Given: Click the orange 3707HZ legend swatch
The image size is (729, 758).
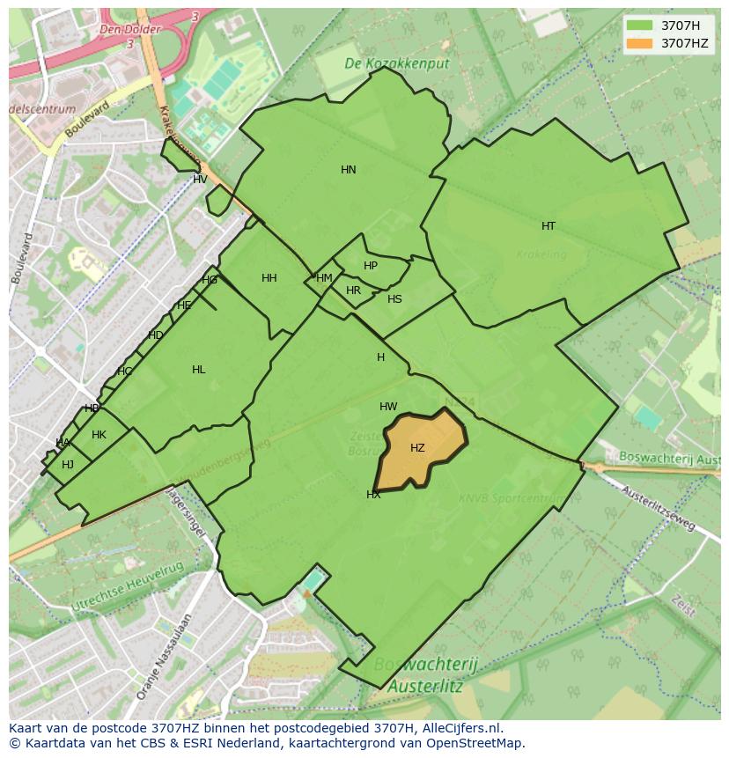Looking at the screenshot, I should click(640, 43).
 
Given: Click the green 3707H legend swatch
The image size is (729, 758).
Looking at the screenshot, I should click(640, 26).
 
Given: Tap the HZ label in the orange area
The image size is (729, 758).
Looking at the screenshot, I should click(417, 448).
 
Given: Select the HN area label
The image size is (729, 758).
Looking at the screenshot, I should click(349, 170).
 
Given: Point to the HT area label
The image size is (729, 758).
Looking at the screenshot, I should click(549, 226).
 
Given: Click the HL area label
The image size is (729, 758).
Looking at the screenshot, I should click(199, 370).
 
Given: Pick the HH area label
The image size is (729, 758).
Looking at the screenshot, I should click(269, 278).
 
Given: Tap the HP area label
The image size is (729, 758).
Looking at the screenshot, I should click(371, 266).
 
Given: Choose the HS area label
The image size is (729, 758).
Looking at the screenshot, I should click(394, 299).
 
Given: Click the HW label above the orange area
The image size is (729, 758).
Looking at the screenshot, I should click(388, 407).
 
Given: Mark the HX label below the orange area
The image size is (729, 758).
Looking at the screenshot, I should click(373, 495).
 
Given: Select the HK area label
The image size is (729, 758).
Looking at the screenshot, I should click(99, 435).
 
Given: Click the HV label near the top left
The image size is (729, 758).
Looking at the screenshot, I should click(200, 180).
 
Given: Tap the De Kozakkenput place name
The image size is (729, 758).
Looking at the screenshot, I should click(396, 63).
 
